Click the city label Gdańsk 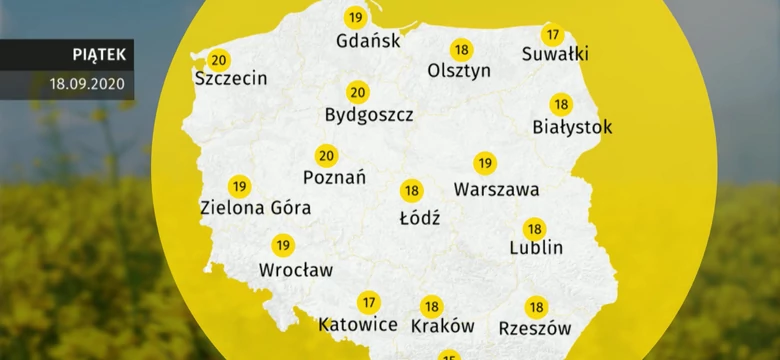[x=369, y=41]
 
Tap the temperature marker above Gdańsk [x=355, y=17]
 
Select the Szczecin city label [x=232, y=78]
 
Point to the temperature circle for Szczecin [x=219, y=59]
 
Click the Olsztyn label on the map [x=459, y=71]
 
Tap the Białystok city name [x=572, y=127]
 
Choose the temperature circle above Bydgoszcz [x=357, y=92]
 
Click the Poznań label [x=334, y=178]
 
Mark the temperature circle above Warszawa [x=485, y=163]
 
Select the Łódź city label [x=419, y=215]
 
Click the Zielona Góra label [x=256, y=209]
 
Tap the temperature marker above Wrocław [x=283, y=245]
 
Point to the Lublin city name [x=536, y=248]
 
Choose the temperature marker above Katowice [x=369, y=302]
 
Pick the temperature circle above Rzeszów [x=537, y=307]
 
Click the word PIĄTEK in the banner [x=98, y=54]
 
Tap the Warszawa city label [x=496, y=188]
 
